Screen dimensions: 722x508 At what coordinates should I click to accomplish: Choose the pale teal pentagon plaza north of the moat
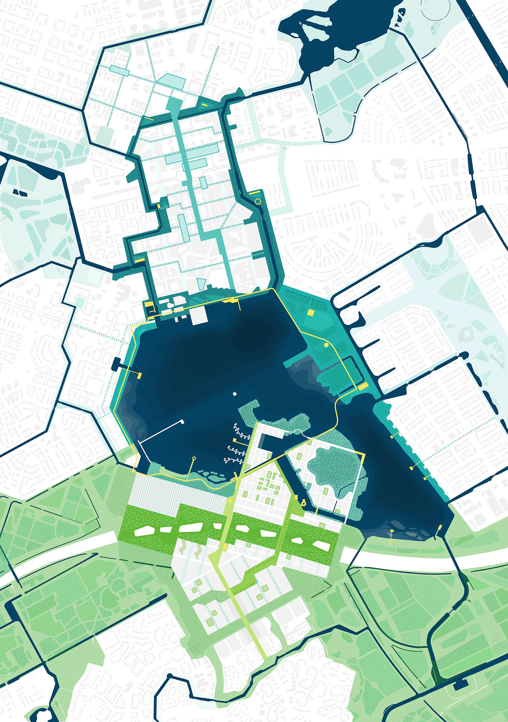click(171, 81)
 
